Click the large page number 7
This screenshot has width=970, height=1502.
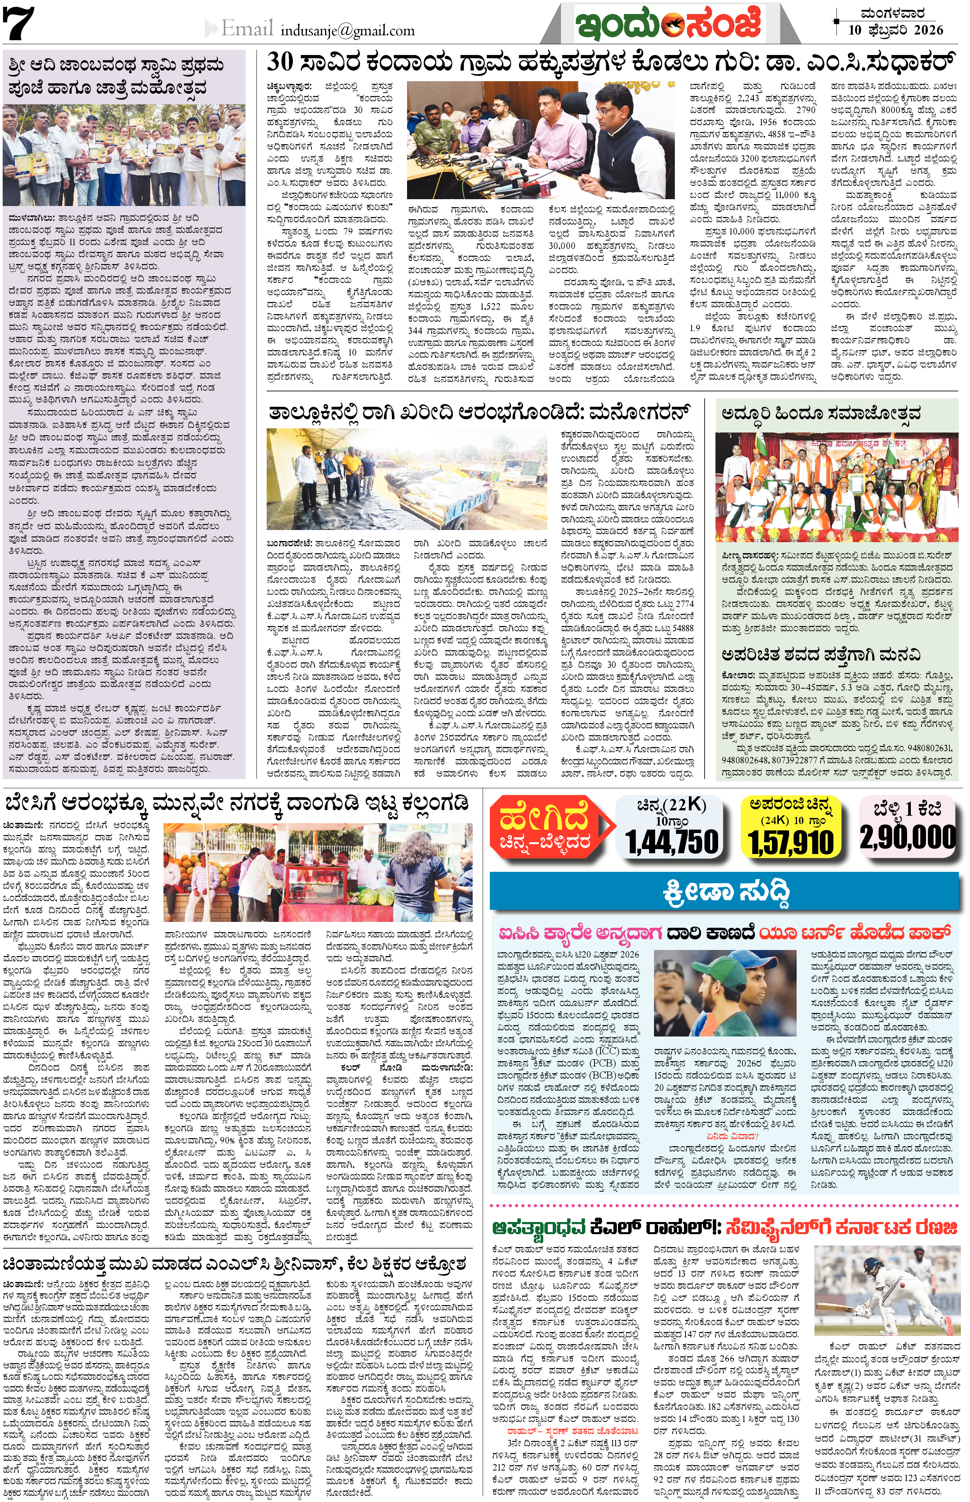click(x=19, y=24)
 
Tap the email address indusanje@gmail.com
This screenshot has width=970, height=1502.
click(x=348, y=30)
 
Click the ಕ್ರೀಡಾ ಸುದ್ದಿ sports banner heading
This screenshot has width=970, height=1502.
click(x=726, y=892)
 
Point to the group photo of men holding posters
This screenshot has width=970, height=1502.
click(x=124, y=156)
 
